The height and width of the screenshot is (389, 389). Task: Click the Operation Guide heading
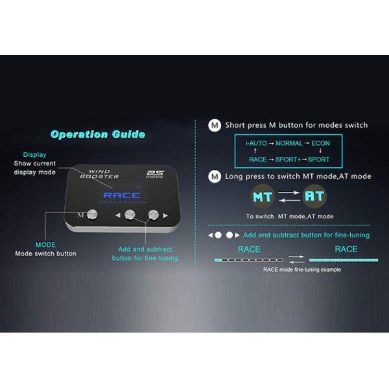pos(97,135)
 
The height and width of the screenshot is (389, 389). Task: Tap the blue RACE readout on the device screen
pos(117,194)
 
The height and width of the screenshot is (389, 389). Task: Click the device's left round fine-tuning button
pos(130,215)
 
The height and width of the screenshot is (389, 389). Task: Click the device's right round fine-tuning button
pos(154,215)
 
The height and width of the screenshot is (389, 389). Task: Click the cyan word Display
pos(34,155)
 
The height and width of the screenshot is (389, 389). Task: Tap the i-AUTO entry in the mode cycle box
pos(257,143)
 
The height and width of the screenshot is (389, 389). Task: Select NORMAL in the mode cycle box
pos(289,143)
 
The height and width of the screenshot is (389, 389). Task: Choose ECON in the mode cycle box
pos(320,143)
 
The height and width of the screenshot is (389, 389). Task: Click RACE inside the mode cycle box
pos(258,159)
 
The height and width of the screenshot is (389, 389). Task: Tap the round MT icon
pos(263,196)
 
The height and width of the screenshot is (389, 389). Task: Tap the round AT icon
pos(315,196)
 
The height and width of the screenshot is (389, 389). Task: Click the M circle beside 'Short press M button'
pos(214,124)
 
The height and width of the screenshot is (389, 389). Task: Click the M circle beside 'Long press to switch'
pos(214,176)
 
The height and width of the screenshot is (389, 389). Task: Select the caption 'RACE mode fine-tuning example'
pos(301,270)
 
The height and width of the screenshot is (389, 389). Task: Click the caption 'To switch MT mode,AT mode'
pos(290,216)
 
